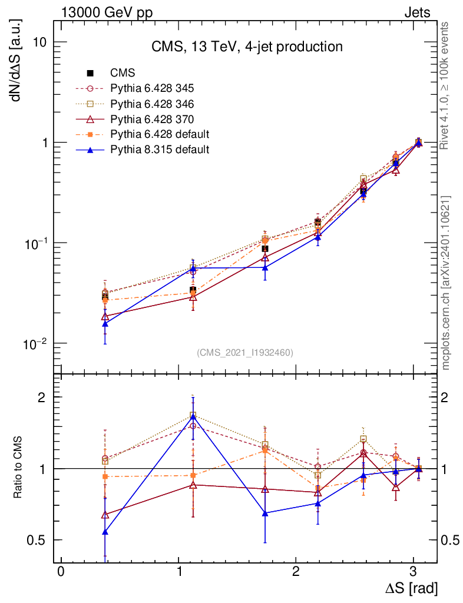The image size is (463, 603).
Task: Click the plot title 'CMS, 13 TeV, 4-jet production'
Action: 246,46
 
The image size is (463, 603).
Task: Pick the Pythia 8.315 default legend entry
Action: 159,150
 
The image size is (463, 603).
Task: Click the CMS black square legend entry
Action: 123,73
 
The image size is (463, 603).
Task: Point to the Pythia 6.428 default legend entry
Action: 159,134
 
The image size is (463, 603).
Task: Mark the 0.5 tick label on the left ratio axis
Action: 38,540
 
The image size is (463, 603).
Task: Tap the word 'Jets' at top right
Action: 416,12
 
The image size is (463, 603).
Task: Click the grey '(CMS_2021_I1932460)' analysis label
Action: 245,352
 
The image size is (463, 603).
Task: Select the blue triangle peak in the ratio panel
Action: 193,417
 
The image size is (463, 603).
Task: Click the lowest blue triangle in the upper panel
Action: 105,323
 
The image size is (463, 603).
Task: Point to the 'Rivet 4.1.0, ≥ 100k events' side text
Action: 446,85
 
